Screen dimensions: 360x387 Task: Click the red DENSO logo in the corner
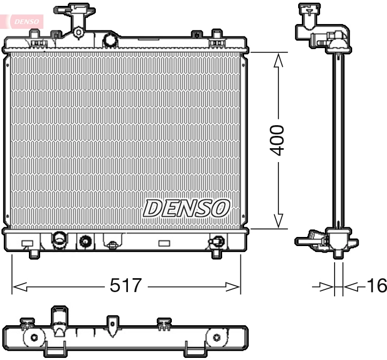(x=22, y=21)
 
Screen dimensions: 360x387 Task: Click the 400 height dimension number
(x=277, y=140)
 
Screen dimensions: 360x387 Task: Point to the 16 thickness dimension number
(x=376, y=286)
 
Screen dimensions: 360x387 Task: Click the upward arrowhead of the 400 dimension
(x=278, y=61)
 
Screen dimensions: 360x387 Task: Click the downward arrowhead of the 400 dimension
(x=278, y=220)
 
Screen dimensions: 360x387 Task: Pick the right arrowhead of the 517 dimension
(x=233, y=287)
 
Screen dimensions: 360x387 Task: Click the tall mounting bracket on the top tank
(x=78, y=21)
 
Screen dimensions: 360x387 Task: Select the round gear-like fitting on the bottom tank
(x=85, y=242)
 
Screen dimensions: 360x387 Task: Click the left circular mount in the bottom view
(x=34, y=337)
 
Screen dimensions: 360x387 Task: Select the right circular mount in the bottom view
(x=217, y=337)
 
